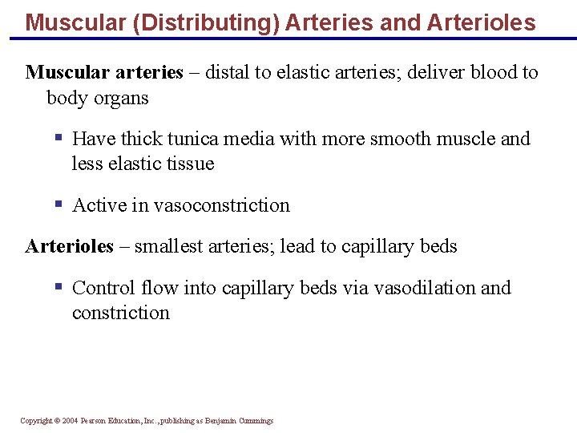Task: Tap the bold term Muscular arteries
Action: (104, 72)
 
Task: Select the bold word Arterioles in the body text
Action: (70, 246)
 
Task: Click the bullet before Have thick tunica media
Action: (58, 138)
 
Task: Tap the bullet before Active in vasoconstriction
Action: (58, 204)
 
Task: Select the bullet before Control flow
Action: (58, 287)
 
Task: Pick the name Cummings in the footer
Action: (256, 421)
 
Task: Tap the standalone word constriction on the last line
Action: (120, 313)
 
